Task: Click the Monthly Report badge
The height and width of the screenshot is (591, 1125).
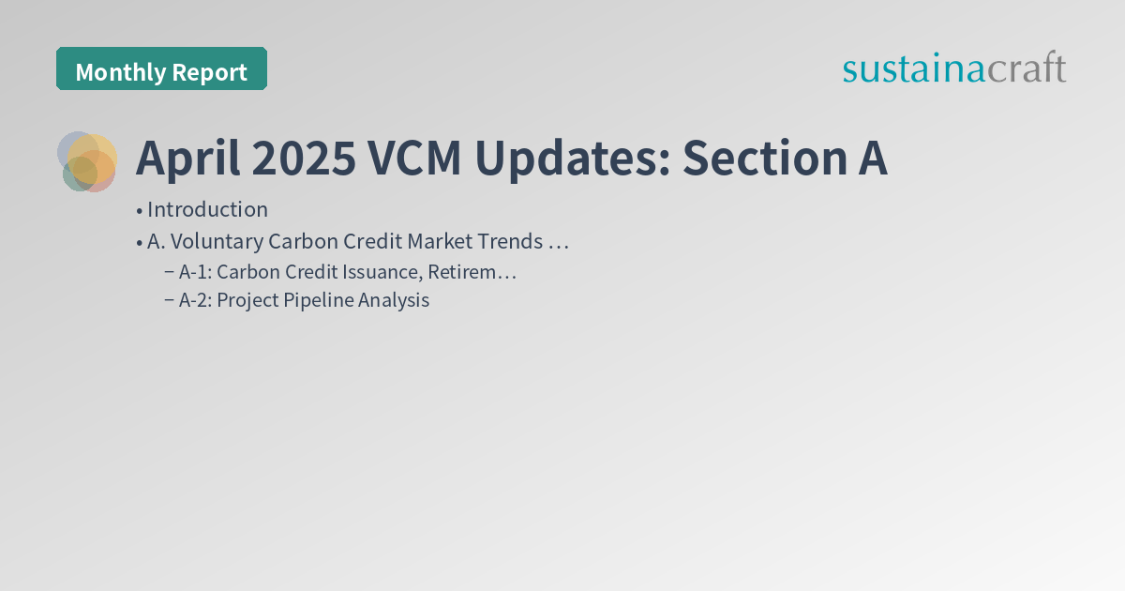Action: pyautogui.click(x=161, y=69)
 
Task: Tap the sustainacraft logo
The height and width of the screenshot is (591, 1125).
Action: pyautogui.click(x=953, y=68)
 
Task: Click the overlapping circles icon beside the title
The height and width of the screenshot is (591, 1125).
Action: pyautogui.click(x=87, y=161)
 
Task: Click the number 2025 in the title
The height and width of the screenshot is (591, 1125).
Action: pyautogui.click(x=304, y=159)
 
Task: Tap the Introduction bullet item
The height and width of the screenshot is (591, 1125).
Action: pyautogui.click(x=207, y=209)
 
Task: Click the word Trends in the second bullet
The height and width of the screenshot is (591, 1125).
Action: pyautogui.click(x=509, y=241)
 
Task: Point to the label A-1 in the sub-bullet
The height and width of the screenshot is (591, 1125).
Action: pyautogui.click(x=195, y=272)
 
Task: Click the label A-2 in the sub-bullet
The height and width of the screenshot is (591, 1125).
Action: pyautogui.click(x=195, y=300)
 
